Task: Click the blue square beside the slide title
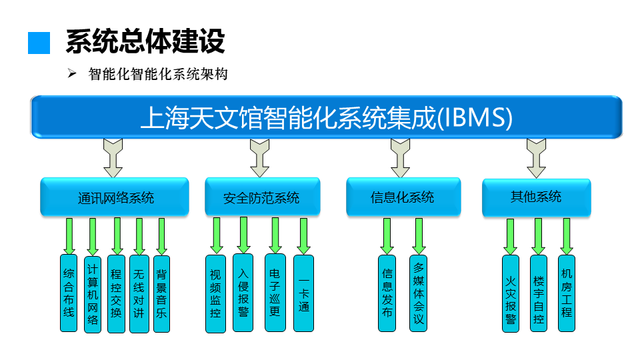point(39,43)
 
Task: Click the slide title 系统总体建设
point(145,41)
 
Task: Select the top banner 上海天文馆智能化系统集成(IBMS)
point(327,117)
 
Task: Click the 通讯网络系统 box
point(115,197)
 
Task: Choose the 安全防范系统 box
point(261,197)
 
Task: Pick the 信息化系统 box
point(403,197)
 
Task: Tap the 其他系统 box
point(536,197)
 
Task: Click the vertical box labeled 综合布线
point(69,293)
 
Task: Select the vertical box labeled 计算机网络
point(93,293)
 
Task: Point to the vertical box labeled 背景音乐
point(161,293)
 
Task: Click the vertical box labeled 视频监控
point(215,293)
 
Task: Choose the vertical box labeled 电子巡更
point(274,293)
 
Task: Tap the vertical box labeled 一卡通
point(303,293)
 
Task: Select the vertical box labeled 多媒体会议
point(418,293)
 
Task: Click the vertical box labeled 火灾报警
point(511,293)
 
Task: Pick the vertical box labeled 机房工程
point(567,293)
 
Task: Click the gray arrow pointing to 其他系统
point(536,157)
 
